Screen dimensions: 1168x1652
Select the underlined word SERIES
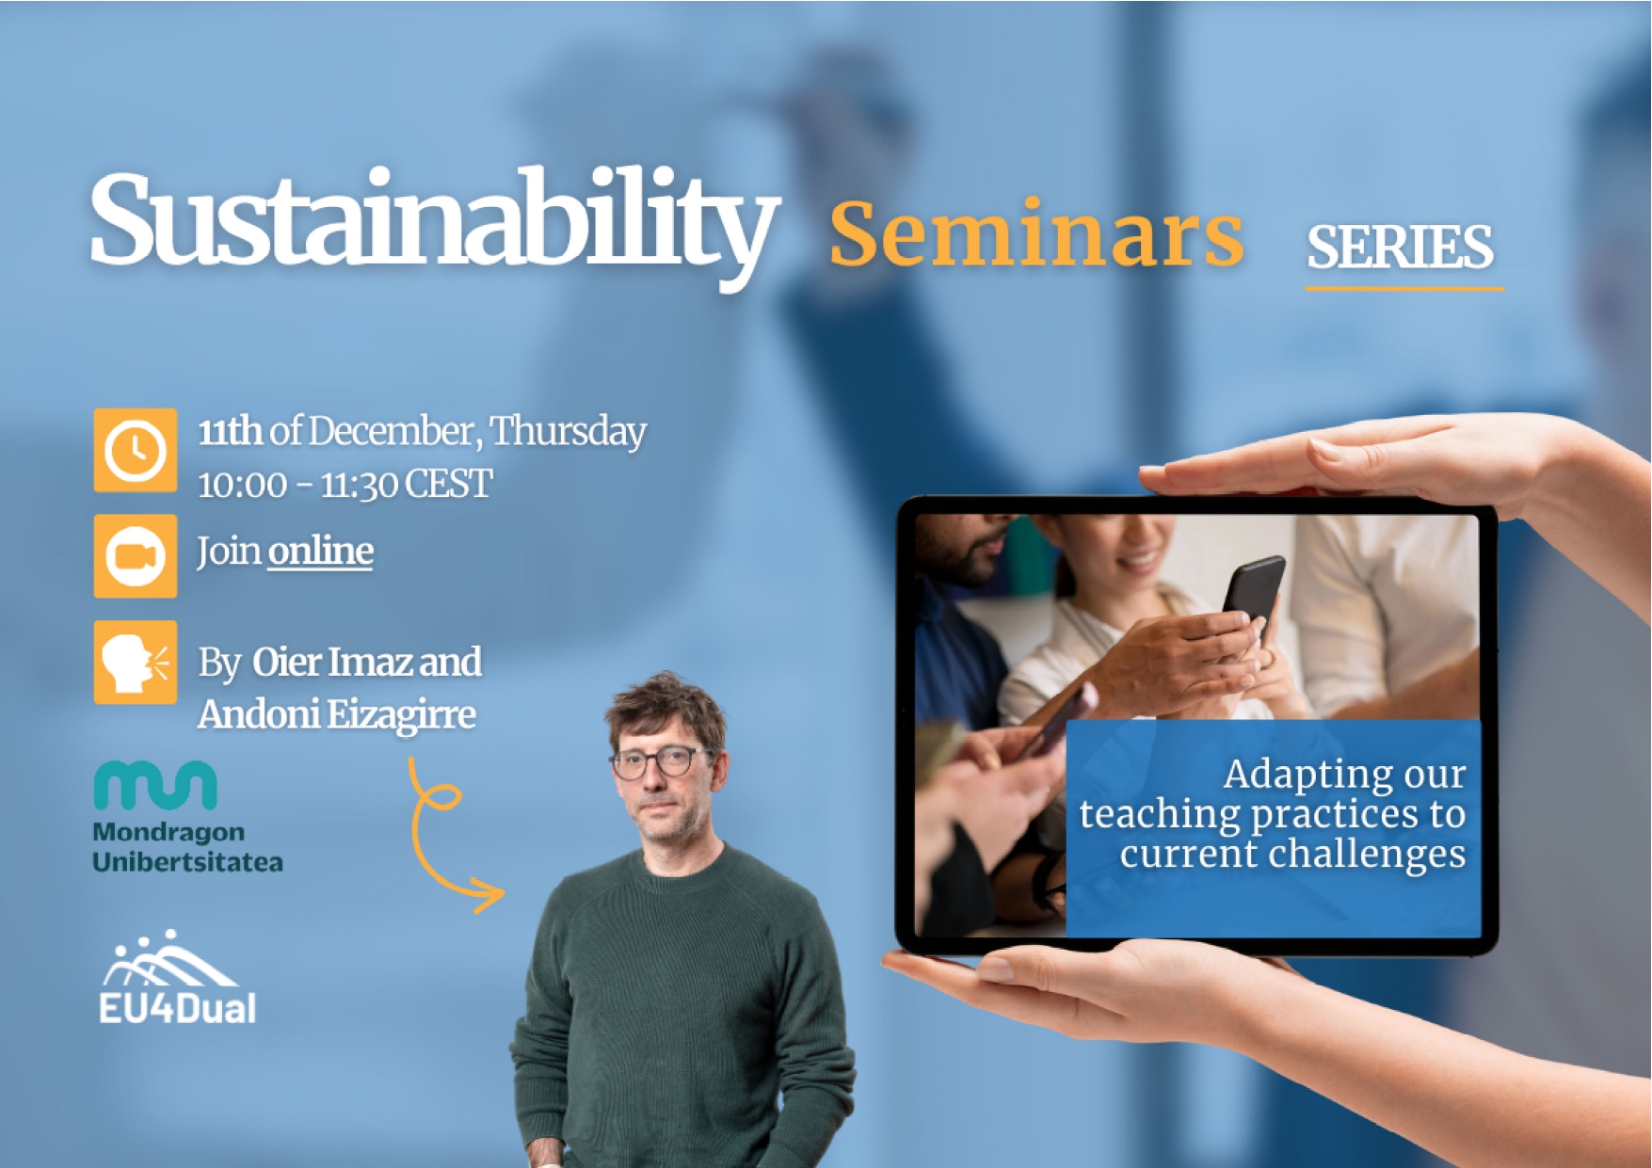(1400, 248)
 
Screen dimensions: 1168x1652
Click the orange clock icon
(135, 450)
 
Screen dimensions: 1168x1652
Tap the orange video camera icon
(135, 555)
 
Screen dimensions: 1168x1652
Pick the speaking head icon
(135, 662)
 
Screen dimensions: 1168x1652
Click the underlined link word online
(320, 551)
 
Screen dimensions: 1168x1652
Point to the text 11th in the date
(230, 431)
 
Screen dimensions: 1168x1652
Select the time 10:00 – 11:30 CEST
(345, 485)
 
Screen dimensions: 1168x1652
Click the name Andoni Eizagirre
(336, 714)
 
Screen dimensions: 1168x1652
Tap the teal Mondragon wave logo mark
(155, 786)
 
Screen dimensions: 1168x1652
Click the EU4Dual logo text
(177, 1009)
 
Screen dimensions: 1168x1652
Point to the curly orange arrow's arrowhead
(489, 894)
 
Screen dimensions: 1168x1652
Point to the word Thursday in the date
(568, 431)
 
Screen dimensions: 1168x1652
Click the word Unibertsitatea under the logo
(187, 862)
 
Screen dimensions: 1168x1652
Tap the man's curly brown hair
(666, 702)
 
